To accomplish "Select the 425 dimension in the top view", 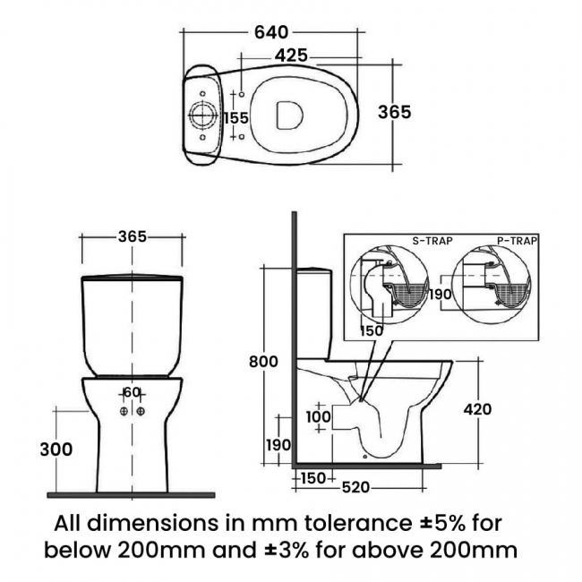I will click(x=291, y=56).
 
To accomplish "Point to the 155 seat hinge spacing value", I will click(x=235, y=118).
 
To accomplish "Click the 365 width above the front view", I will click(x=132, y=236).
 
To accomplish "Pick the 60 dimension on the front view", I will click(x=132, y=391).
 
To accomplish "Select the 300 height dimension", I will click(x=56, y=449).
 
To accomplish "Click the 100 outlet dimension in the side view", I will click(x=317, y=417).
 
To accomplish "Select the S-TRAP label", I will click(x=431, y=241).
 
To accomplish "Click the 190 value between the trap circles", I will click(x=438, y=295).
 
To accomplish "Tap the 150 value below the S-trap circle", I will click(x=372, y=330).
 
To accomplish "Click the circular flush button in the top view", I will click(x=202, y=117).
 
